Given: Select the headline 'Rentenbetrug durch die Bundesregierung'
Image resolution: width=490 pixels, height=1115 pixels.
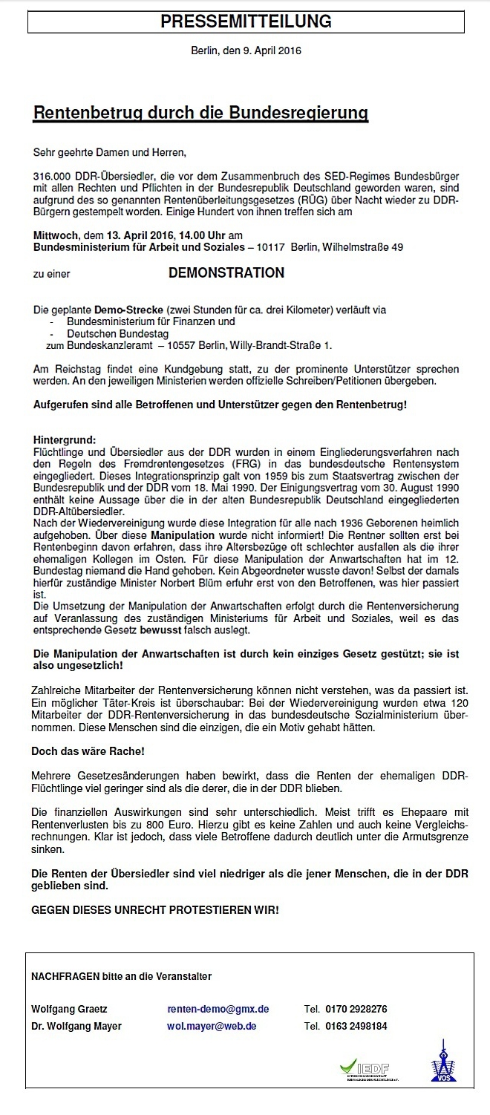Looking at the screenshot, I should pos(200,114).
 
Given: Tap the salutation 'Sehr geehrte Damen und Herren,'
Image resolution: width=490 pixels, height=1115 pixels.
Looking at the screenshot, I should pos(108,154).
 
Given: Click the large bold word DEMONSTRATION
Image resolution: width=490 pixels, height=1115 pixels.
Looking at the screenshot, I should pos(226,273).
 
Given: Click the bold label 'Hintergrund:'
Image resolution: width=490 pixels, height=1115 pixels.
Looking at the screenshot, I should pos(65,440).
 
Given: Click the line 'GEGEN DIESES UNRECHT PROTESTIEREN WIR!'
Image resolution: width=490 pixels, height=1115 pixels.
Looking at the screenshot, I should pos(156,909).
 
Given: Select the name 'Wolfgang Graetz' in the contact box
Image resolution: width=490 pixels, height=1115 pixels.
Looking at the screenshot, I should pos(69,1009).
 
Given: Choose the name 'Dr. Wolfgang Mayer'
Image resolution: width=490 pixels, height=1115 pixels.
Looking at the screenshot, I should pos(76,1026).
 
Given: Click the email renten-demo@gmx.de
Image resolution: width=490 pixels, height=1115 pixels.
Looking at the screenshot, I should pos(218,1009).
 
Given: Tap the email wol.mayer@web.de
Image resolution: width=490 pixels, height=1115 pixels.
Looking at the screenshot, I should pos(212,1026).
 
